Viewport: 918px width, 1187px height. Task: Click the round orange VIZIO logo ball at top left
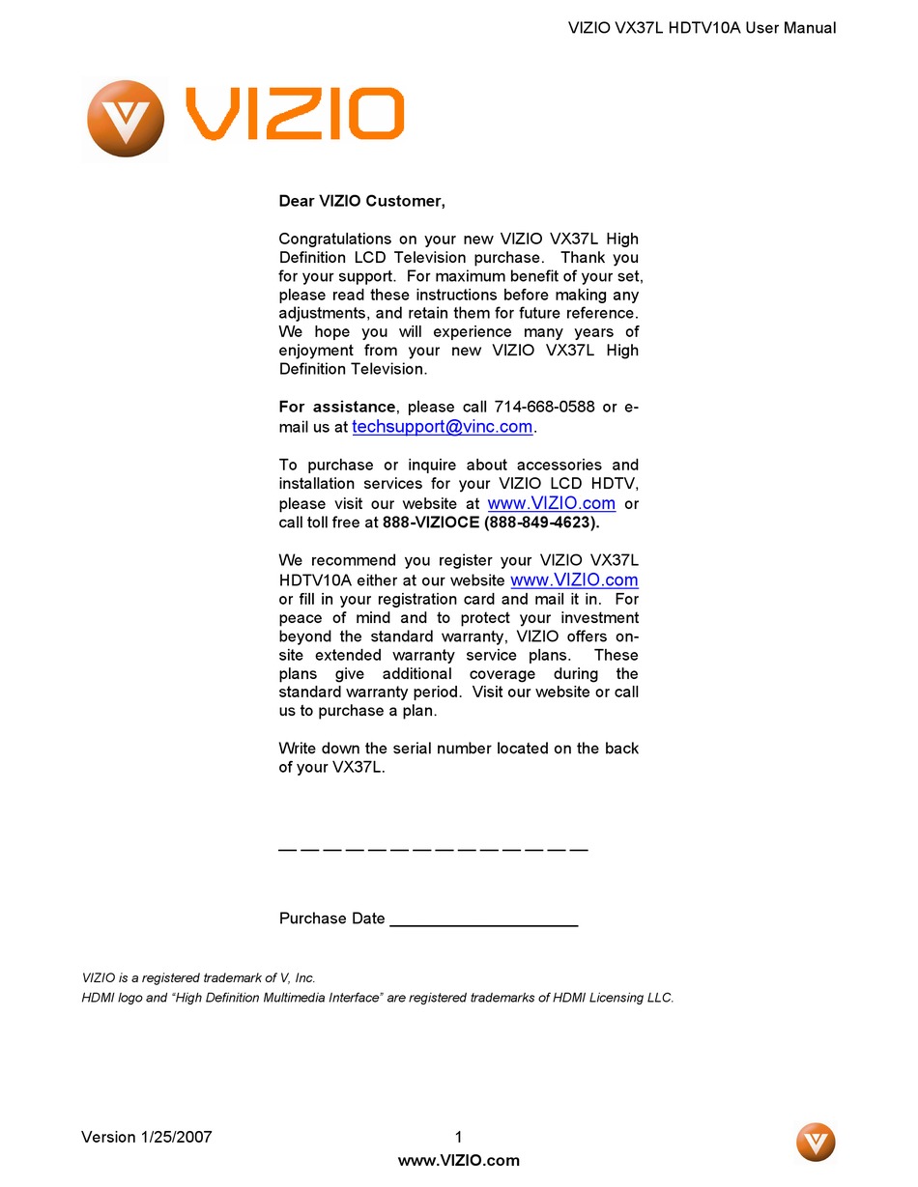click(125, 119)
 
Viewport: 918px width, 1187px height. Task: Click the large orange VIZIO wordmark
click(295, 113)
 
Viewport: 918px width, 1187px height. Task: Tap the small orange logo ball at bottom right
click(816, 1143)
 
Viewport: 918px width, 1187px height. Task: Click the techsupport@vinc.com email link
click(443, 427)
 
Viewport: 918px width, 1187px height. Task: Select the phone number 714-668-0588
click(544, 407)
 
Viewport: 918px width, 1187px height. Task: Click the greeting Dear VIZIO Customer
click(361, 201)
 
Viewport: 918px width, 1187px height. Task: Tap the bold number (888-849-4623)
click(542, 523)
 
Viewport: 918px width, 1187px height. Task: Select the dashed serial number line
click(433, 848)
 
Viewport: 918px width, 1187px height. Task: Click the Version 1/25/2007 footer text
click(146, 1137)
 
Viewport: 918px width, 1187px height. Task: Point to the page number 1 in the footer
click(458, 1137)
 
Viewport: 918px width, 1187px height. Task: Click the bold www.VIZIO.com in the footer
click(458, 1161)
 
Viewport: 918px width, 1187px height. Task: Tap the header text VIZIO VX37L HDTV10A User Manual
click(702, 28)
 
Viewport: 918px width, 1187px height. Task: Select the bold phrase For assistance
click(337, 407)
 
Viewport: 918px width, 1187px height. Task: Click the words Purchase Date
click(331, 919)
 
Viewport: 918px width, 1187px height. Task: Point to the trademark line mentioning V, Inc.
click(199, 977)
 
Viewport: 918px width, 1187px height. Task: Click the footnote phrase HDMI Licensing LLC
click(612, 998)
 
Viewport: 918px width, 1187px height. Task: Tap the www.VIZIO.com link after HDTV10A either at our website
click(574, 580)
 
